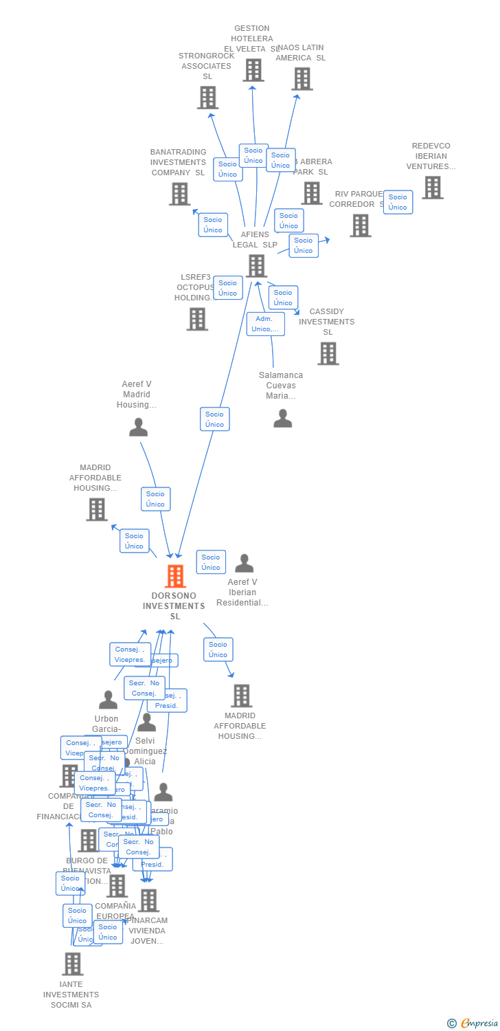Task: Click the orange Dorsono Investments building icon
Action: (x=176, y=576)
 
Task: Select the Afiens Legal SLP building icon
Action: (x=256, y=265)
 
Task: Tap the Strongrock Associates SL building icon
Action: (x=207, y=98)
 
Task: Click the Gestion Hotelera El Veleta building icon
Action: (x=253, y=70)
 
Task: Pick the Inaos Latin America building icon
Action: (x=302, y=79)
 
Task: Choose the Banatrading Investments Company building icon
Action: (x=179, y=194)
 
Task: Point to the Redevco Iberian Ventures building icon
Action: (x=432, y=188)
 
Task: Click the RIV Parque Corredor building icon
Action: (x=360, y=225)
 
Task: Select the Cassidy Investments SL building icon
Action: (x=328, y=353)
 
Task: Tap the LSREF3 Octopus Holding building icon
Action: (x=197, y=319)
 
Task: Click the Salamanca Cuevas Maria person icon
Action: (x=282, y=418)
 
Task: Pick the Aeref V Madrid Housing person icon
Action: (x=138, y=428)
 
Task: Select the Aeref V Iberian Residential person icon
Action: (x=244, y=564)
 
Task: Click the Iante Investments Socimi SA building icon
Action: (x=72, y=964)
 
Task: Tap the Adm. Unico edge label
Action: (x=265, y=324)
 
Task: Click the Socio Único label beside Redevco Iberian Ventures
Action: (x=398, y=202)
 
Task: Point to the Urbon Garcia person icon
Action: (x=108, y=700)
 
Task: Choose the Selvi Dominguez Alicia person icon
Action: (x=146, y=722)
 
